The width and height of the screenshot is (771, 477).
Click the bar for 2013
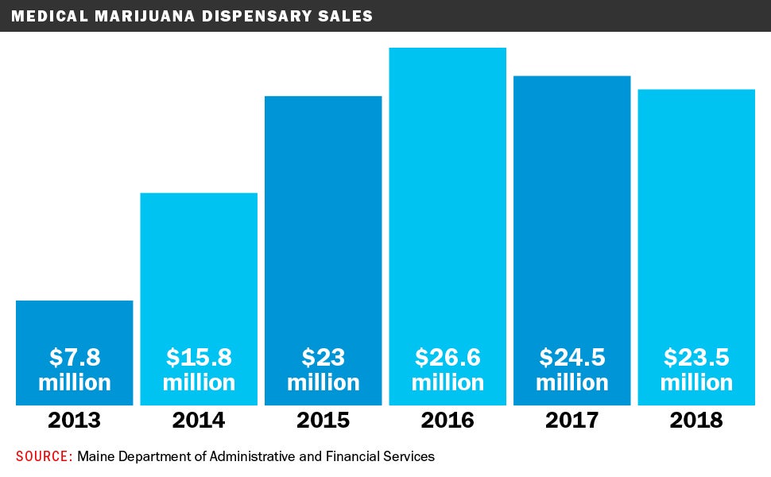(74, 326)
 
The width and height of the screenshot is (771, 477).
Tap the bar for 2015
(324, 223)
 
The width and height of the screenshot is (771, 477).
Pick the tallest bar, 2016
(447, 199)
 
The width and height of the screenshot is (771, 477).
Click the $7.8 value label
(75, 357)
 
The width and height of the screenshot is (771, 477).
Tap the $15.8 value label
(199, 357)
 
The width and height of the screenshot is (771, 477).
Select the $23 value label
(324, 357)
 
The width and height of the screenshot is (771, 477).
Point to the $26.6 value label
(447, 357)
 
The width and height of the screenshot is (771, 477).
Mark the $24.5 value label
(572, 357)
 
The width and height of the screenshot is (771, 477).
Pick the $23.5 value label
(696, 357)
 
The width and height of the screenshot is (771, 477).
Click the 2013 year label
(74, 420)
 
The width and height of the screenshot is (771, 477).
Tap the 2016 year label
(447, 420)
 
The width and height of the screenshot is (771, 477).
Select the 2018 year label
(696, 420)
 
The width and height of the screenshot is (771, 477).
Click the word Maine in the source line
(95, 456)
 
